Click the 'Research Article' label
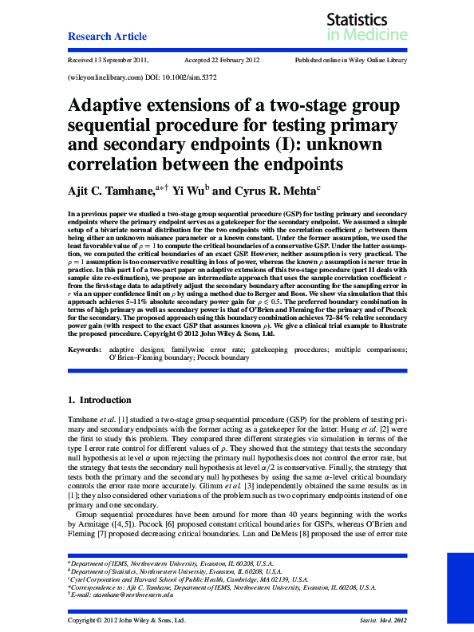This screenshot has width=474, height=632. (107, 36)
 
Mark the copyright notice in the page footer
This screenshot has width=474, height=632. (127, 619)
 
